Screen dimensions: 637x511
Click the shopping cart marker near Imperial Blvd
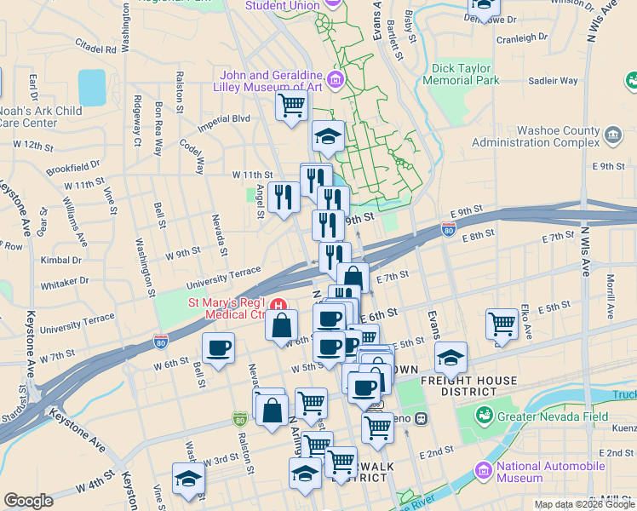tap(291, 106)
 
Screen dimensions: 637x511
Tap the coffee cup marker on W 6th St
tap(219, 348)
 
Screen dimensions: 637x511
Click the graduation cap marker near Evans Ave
tap(450, 358)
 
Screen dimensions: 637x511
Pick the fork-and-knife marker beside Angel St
tap(281, 197)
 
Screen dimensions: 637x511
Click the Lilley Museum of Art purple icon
tap(336, 81)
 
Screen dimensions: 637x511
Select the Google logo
tap(28, 501)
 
